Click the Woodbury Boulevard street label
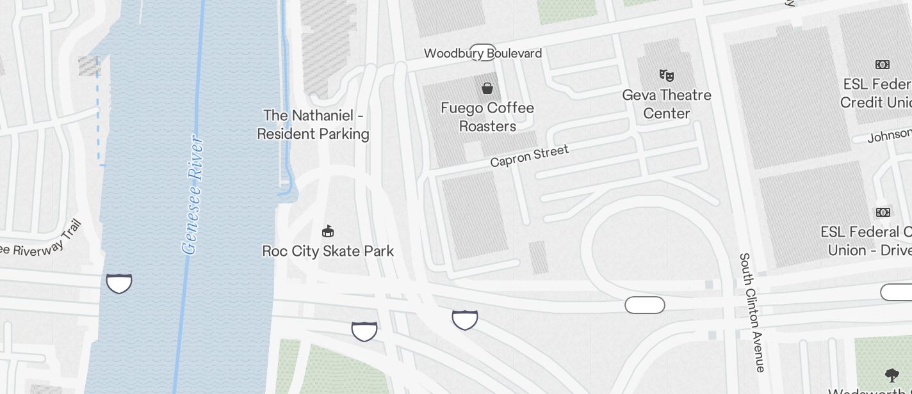click(483, 53)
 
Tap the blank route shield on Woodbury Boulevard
click(483, 52)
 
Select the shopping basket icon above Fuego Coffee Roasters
click(487, 88)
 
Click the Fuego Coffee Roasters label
click(487, 117)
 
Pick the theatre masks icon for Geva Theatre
click(667, 75)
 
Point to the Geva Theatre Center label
click(667, 104)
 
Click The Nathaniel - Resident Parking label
click(313, 125)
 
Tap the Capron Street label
click(529, 156)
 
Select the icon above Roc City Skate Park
click(328, 231)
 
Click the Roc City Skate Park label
click(328, 251)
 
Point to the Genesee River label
click(193, 194)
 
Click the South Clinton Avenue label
click(752, 312)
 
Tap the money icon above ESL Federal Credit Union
click(883, 65)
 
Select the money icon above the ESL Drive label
click(883, 212)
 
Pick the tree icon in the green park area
click(892, 375)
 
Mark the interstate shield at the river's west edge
click(119, 283)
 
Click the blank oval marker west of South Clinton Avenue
click(645, 306)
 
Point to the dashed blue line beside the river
click(99, 112)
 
